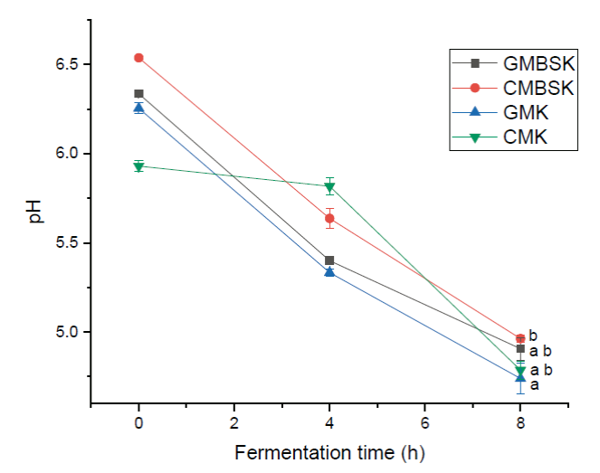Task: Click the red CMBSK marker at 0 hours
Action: tap(138, 58)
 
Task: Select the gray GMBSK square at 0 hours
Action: tap(138, 93)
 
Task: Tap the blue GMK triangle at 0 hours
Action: tap(138, 108)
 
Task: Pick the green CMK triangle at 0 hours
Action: tap(138, 166)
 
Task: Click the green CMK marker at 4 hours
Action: tap(329, 186)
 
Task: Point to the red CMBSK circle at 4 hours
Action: tap(329, 218)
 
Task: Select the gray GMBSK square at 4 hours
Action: tap(329, 260)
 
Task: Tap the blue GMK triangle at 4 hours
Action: tap(329, 271)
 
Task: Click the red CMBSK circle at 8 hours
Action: tap(520, 338)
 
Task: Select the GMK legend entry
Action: tap(521, 112)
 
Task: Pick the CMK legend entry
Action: tap(521, 137)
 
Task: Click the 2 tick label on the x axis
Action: tap(234, 423)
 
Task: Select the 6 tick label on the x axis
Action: tap(425, 423)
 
